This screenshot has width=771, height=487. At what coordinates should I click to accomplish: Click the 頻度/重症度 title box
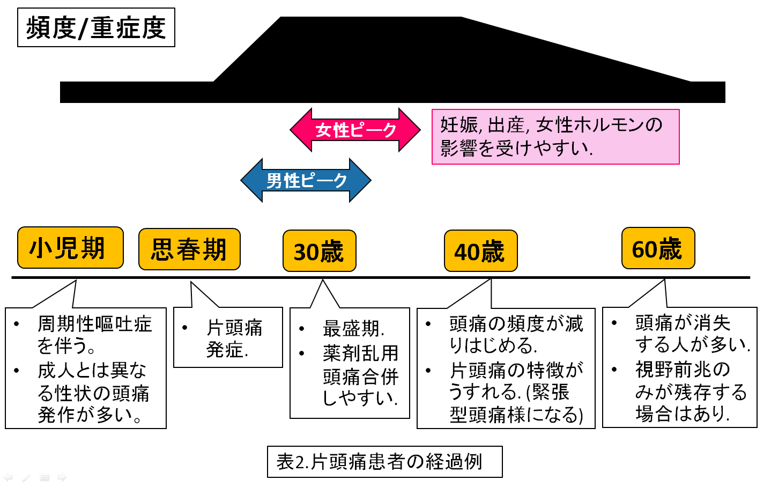pyautogui.click(x=96, y=27)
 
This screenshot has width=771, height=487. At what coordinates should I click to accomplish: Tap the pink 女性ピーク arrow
pyautogui.click(x=355, y=130)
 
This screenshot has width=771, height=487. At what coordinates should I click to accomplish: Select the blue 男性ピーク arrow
pyautogui.click(x=306, y=180)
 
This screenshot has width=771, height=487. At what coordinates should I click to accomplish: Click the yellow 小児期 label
pyautogui.click(x=70, y=248)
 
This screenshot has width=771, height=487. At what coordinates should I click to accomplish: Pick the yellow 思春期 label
pyautogui.click(x=189, y=249)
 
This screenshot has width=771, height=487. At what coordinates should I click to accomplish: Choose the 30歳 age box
pyautogui.click(x=319, y=251)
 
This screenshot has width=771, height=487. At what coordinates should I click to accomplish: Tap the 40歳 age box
pyautogui.click(x=480, y=251)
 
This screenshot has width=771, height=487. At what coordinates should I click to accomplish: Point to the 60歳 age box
pyautogui.click(x=658, y=249)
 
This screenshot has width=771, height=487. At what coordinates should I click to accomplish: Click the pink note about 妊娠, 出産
pyautogui.click(x=555, y=136)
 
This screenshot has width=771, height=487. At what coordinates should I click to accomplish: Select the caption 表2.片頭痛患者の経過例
pyautogui.click(x=384, y=461)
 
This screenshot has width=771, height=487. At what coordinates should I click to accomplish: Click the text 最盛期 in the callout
pyautogui.click(x=353, y=328)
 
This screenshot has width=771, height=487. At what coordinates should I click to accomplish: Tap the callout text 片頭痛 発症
pyautogui.click(x=234, y=338)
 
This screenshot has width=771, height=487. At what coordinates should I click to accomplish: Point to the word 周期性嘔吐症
pyautogui.click(x=94, y=324)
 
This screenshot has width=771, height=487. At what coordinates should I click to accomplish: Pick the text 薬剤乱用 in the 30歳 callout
pyautogui.click(x=360, y=353)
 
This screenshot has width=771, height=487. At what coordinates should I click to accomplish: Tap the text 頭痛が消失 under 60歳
pyautogui.click(x=683, y=323)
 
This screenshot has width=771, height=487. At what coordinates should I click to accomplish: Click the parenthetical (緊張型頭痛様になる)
pyautogui.click(x=516, y=403)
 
